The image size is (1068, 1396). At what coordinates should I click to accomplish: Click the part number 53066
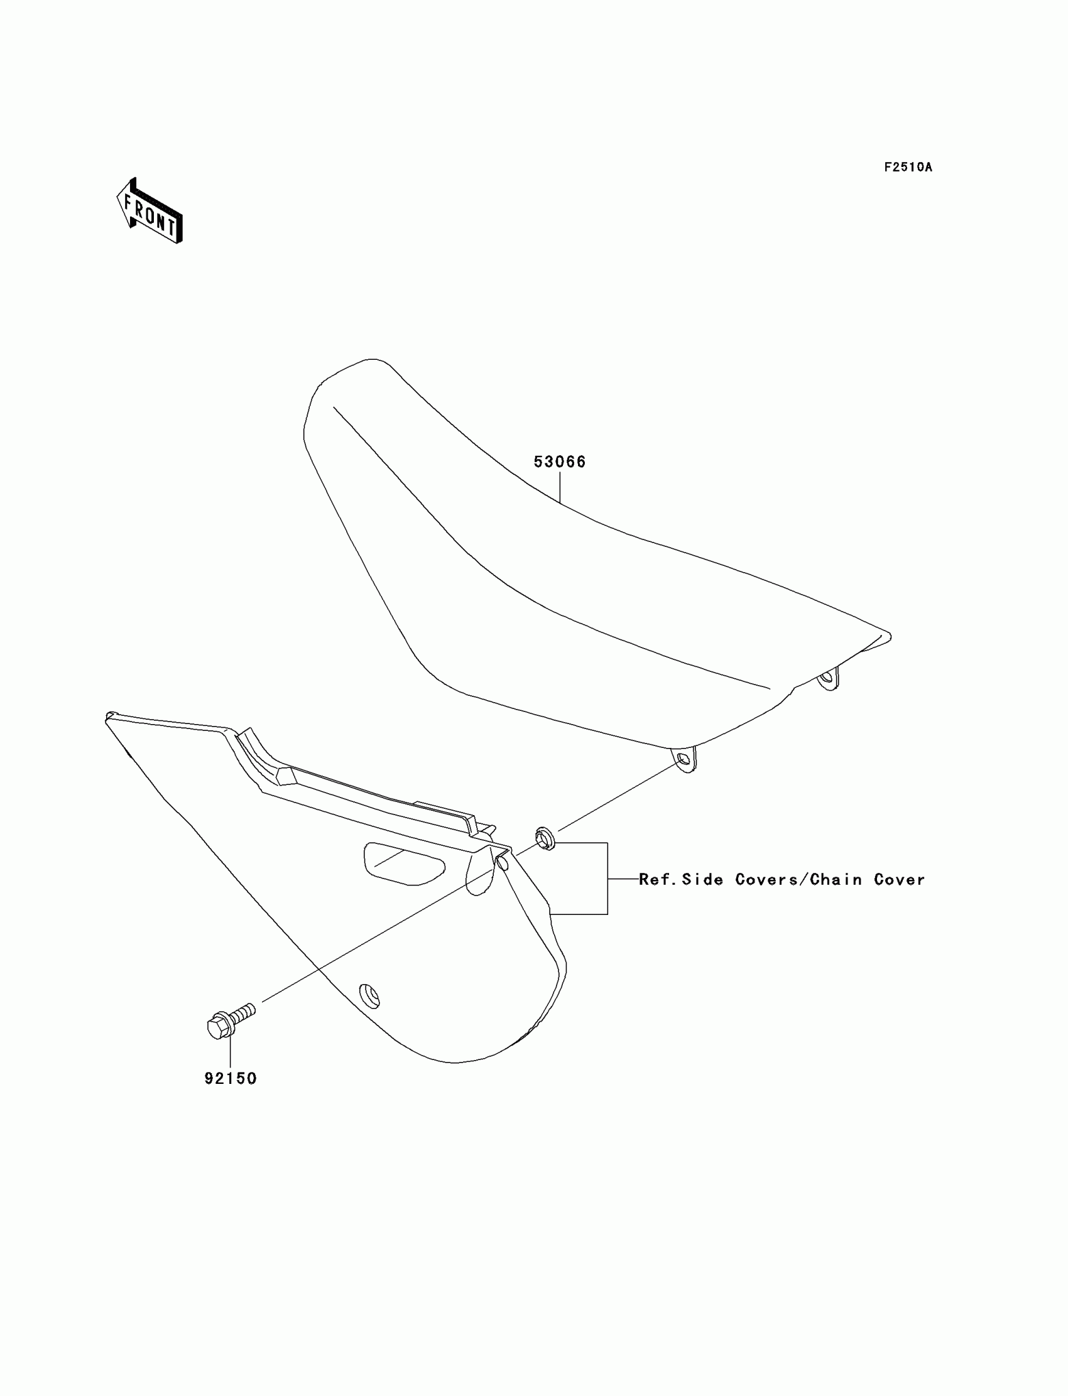pos(559,462)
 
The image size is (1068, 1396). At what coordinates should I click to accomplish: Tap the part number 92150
pos(230,1078)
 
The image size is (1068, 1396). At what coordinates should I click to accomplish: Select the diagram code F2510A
pos(908,167)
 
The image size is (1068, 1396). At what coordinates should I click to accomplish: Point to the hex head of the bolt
pos(218,1026)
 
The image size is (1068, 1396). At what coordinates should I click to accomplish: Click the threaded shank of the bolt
pos(244,1011)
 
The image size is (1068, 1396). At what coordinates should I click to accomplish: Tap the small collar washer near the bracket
pos(544,839)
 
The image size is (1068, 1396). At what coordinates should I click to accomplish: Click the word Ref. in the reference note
pos(657,879)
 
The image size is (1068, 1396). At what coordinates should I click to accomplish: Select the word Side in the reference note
pos(702,879)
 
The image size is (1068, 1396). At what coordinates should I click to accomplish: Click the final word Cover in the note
pos(899,879)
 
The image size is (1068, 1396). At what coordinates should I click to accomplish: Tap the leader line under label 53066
pos(559,486)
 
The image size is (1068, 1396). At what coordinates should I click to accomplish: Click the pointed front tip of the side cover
pos(109,717)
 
